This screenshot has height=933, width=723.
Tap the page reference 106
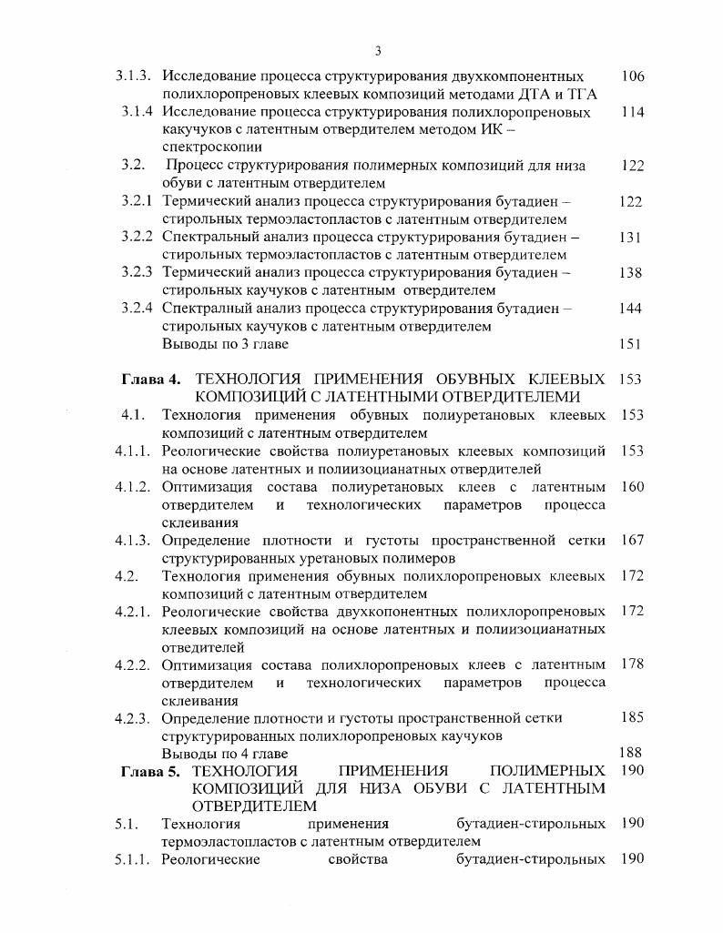[x=632, y=76]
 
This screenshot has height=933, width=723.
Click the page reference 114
[x=632, y=112]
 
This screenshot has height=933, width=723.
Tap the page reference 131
[x=630, y=237]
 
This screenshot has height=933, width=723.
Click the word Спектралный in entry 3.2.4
[x=204, y=308]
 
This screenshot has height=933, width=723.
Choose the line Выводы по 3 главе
[x=225, y=344]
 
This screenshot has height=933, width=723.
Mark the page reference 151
[x=630, y=344]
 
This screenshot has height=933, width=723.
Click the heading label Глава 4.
[x=152, y=379]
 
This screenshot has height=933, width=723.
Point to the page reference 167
[x=632, y=540]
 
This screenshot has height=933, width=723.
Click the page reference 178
[x=632, y=664]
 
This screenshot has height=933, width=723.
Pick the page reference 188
[x=629, y=754]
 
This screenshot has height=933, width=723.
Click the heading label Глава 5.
[x=152, y=772]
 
